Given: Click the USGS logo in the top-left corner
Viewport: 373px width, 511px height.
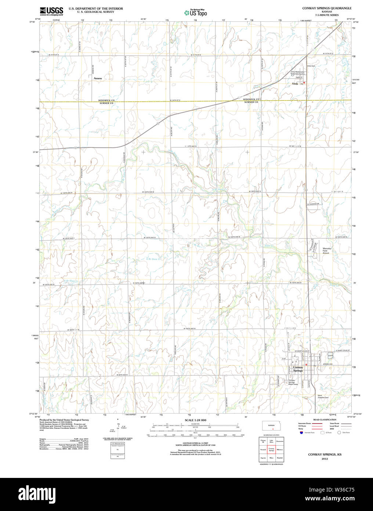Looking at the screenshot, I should click(x=51, y=11).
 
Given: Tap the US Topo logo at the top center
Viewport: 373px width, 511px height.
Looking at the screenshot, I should click(x=196, y=12).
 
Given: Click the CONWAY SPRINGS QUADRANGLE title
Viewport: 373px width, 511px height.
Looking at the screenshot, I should click(x=327, y=8).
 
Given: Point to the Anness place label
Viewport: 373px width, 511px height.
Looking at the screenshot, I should click(x=98, y=78).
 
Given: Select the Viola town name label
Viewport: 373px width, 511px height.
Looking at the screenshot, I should click(x=295, y=84).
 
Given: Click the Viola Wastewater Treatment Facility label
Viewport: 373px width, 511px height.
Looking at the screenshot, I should click(x=297, y=73).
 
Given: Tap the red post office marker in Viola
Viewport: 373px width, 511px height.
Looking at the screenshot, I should click(x=304, y=83).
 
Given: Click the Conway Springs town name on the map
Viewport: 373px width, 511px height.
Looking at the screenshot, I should click(x=298, y=369).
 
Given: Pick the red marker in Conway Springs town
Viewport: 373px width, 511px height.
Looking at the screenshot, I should click(x=306, y=364).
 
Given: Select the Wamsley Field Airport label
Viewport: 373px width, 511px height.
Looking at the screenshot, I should click(x=326, y=251).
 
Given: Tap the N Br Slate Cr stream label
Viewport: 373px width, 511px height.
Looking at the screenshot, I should click(x=154, y=259).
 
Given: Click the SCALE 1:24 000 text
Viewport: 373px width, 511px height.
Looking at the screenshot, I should click(x=195, y=420).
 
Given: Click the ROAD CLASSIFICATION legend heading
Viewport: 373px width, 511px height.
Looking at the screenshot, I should click(x=325, y=419).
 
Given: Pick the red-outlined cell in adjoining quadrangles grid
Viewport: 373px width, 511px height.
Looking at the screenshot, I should click(x=271, y=449).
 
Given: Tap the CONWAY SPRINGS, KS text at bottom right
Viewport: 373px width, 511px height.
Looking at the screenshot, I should click(x=325, y=455).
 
